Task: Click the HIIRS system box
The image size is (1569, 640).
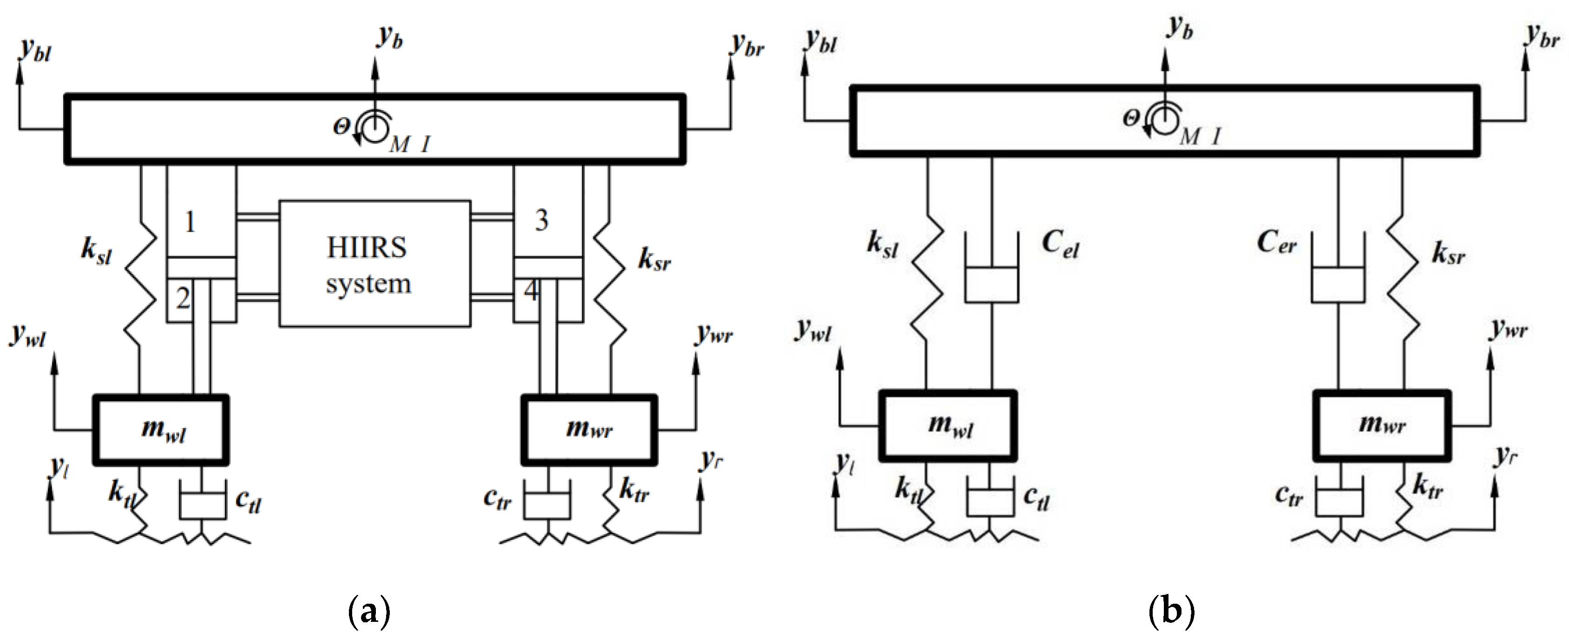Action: pos(374,264)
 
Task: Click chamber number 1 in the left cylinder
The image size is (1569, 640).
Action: pos(190,222)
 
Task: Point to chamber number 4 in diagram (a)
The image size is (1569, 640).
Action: pos(531,291)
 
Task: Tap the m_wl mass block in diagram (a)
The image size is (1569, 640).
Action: pos(161,430)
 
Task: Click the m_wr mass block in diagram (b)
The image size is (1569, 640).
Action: pos(1381,425)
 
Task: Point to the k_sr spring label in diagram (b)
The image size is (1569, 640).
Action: pos(1448,253)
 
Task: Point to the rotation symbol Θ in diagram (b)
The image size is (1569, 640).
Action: pos(1130,118)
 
